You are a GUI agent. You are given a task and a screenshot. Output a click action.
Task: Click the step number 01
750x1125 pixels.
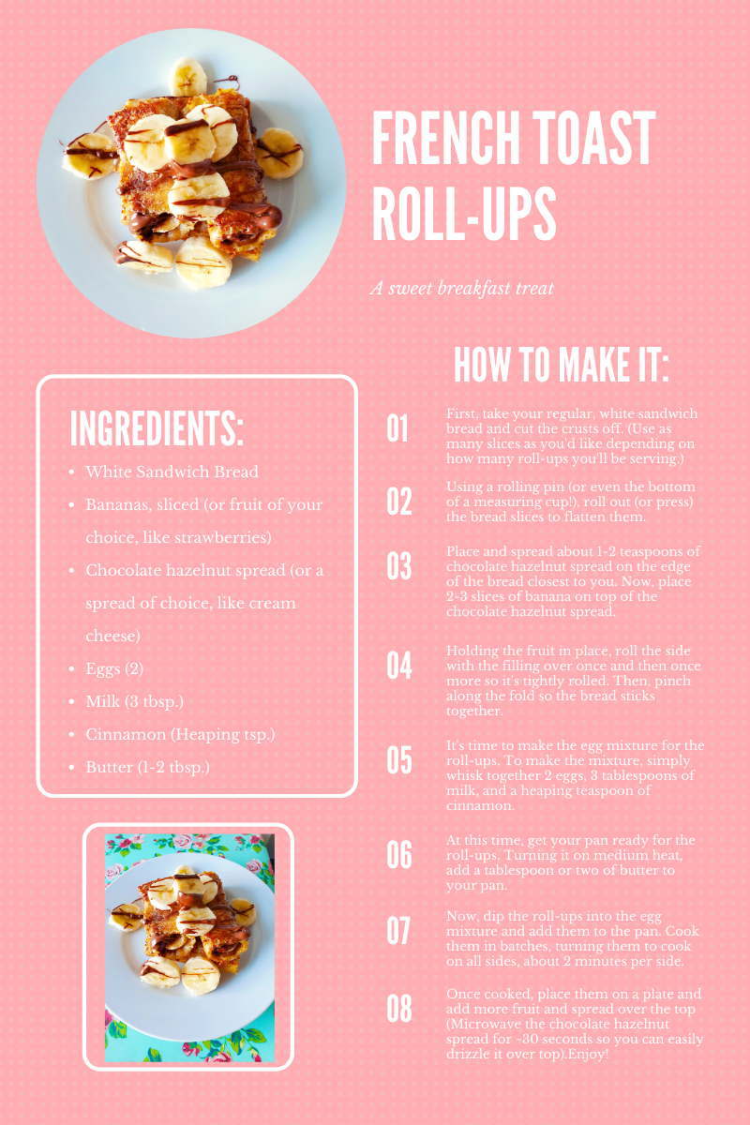[x=398, y=429]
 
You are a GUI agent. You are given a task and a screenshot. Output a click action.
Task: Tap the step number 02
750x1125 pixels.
[x=399, y=502]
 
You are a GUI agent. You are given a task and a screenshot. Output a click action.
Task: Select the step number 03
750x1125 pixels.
[x=399, y=566]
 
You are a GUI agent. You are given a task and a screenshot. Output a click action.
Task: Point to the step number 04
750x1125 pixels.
[x=399, y=665]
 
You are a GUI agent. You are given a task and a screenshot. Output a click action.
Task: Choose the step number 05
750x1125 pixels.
[x=399, y=760]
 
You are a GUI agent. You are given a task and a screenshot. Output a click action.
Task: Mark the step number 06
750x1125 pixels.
[x=399, y=855]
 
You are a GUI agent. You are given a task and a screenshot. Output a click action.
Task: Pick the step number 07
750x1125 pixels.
[x=399, y=931]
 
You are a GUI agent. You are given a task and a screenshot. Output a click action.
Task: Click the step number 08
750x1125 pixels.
[x=399, y=1009]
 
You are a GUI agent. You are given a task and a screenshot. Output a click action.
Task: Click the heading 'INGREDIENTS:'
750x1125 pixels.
[x=157, y=429]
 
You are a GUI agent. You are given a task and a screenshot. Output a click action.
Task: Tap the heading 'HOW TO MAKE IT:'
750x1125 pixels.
[x=561, y=364]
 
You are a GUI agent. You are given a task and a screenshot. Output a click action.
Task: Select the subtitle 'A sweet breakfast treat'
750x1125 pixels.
[x=461, y=288]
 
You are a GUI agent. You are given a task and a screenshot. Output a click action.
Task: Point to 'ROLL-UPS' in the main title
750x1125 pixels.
[x=464, y=214]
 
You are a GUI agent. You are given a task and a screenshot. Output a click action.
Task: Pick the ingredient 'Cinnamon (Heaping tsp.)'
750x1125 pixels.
[x=180, y=734]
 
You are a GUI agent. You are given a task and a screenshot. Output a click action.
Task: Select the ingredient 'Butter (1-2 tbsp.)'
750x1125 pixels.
[x=147, y=767]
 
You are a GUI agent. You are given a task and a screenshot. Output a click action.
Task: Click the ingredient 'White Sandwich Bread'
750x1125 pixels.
[x=172, y=472]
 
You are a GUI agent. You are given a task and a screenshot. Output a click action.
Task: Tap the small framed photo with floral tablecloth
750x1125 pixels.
[x=188, y=947]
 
